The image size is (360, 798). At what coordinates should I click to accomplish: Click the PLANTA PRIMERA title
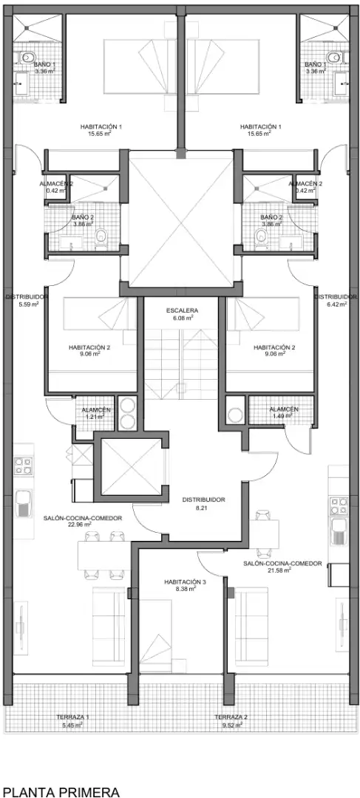61,791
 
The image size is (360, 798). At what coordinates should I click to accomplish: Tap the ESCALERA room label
182,310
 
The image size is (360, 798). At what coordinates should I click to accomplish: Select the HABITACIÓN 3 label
185,582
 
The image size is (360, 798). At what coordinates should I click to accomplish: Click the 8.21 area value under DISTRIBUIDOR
203,508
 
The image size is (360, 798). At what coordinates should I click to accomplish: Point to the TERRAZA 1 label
73,717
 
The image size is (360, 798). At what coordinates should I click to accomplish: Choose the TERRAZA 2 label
231,717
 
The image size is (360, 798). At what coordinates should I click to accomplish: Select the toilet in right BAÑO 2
261,236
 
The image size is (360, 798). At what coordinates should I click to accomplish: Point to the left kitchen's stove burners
23,466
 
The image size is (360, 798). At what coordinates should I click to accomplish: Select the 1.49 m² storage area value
282,416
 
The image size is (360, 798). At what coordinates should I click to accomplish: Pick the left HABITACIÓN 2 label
89,347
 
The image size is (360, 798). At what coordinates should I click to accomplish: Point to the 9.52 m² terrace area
231,725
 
